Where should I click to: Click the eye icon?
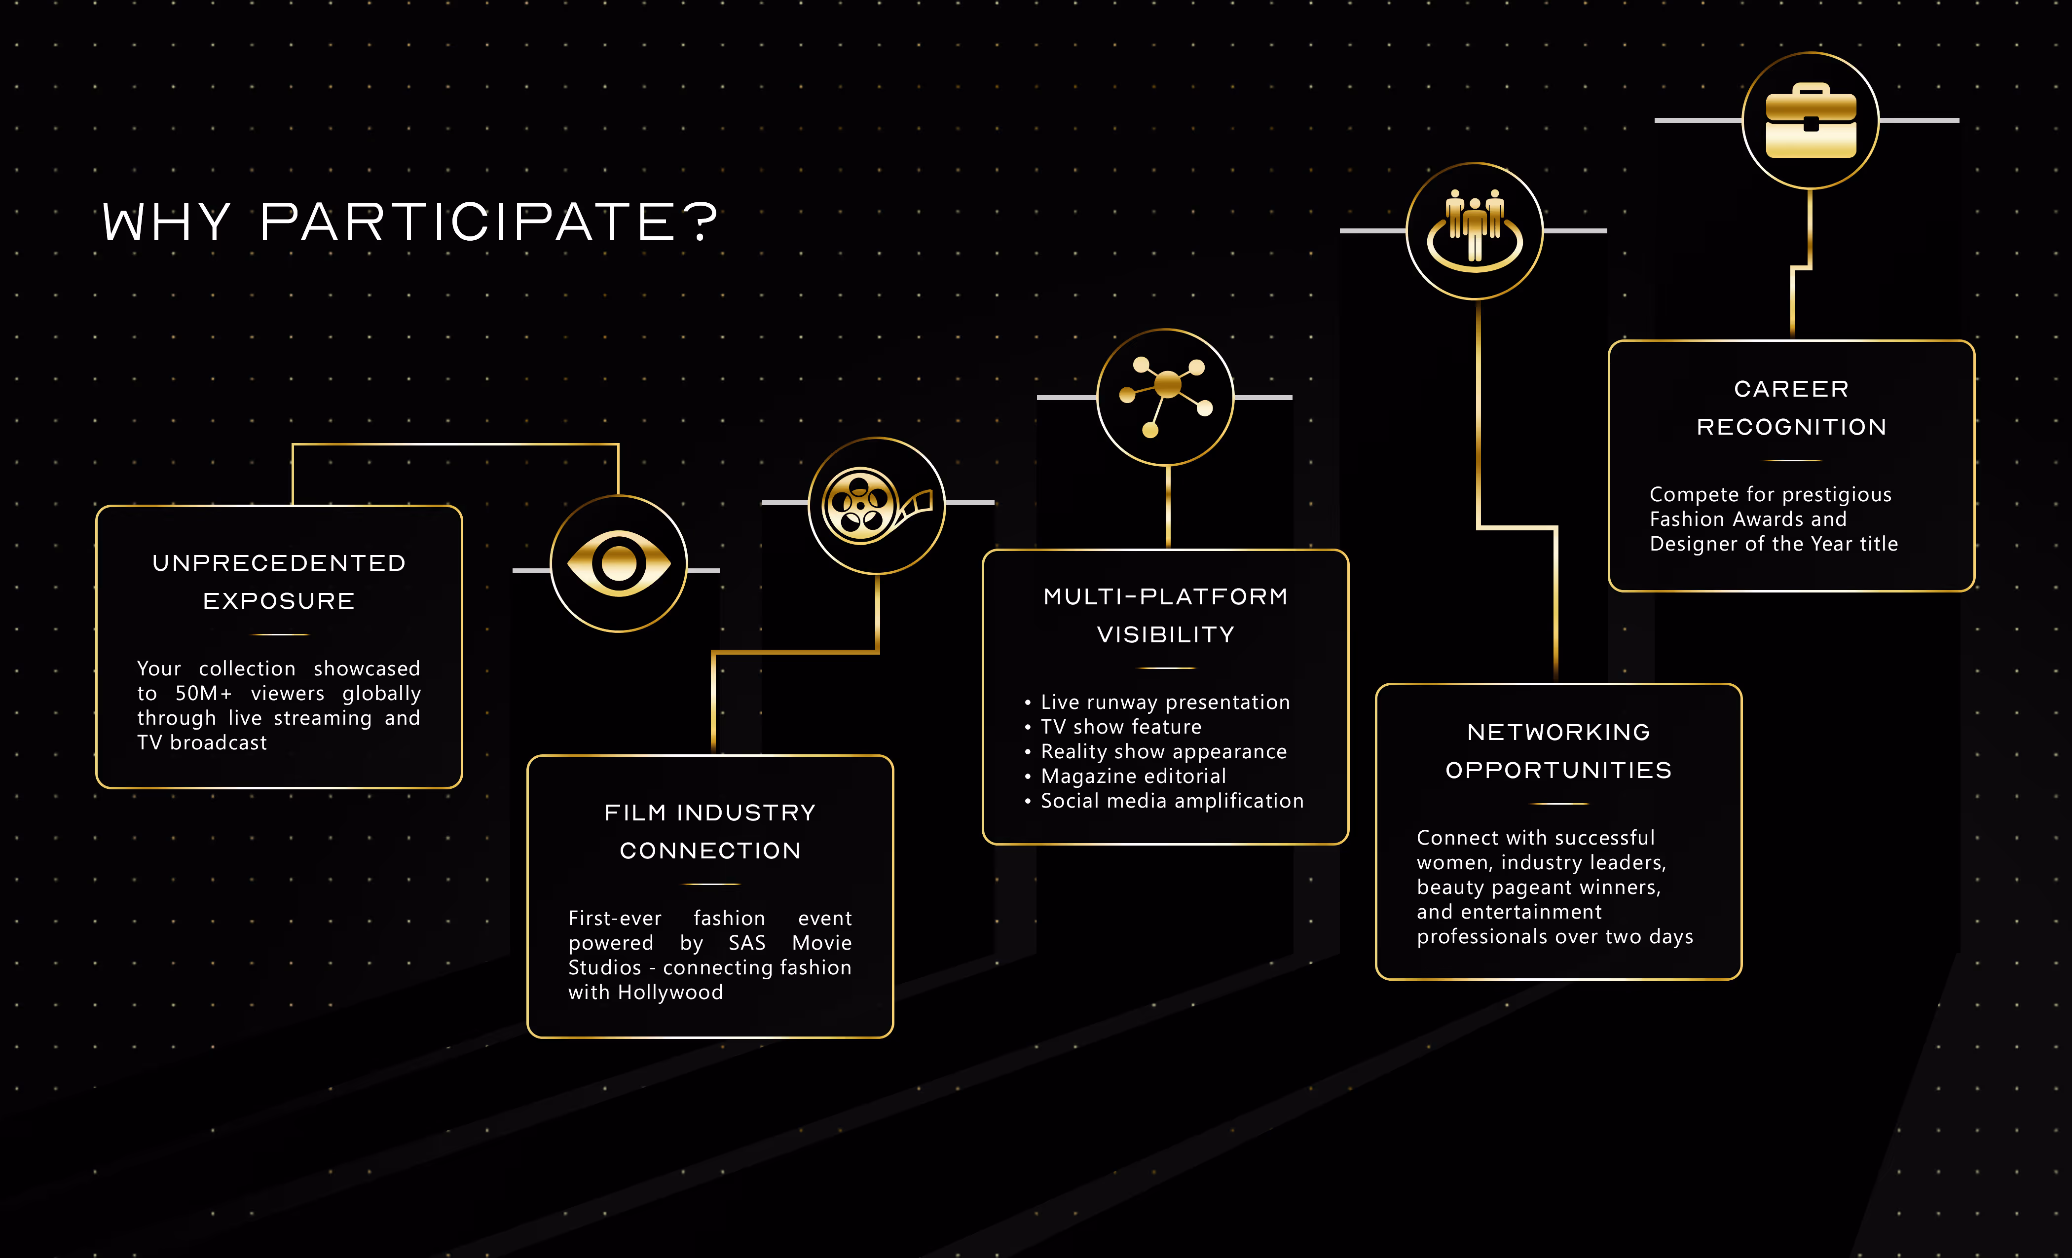tap(619, 563)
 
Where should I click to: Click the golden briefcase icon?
tap(1811, 121)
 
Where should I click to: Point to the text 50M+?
tap(203, 693)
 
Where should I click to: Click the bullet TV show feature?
tap(1121, 727)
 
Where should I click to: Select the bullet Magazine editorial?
tap(1133, 776)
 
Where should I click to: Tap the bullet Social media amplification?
tap(1171, 801)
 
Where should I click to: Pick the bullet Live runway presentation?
tap(1165, 702)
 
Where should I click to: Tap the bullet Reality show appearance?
tap(1163, 752)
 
